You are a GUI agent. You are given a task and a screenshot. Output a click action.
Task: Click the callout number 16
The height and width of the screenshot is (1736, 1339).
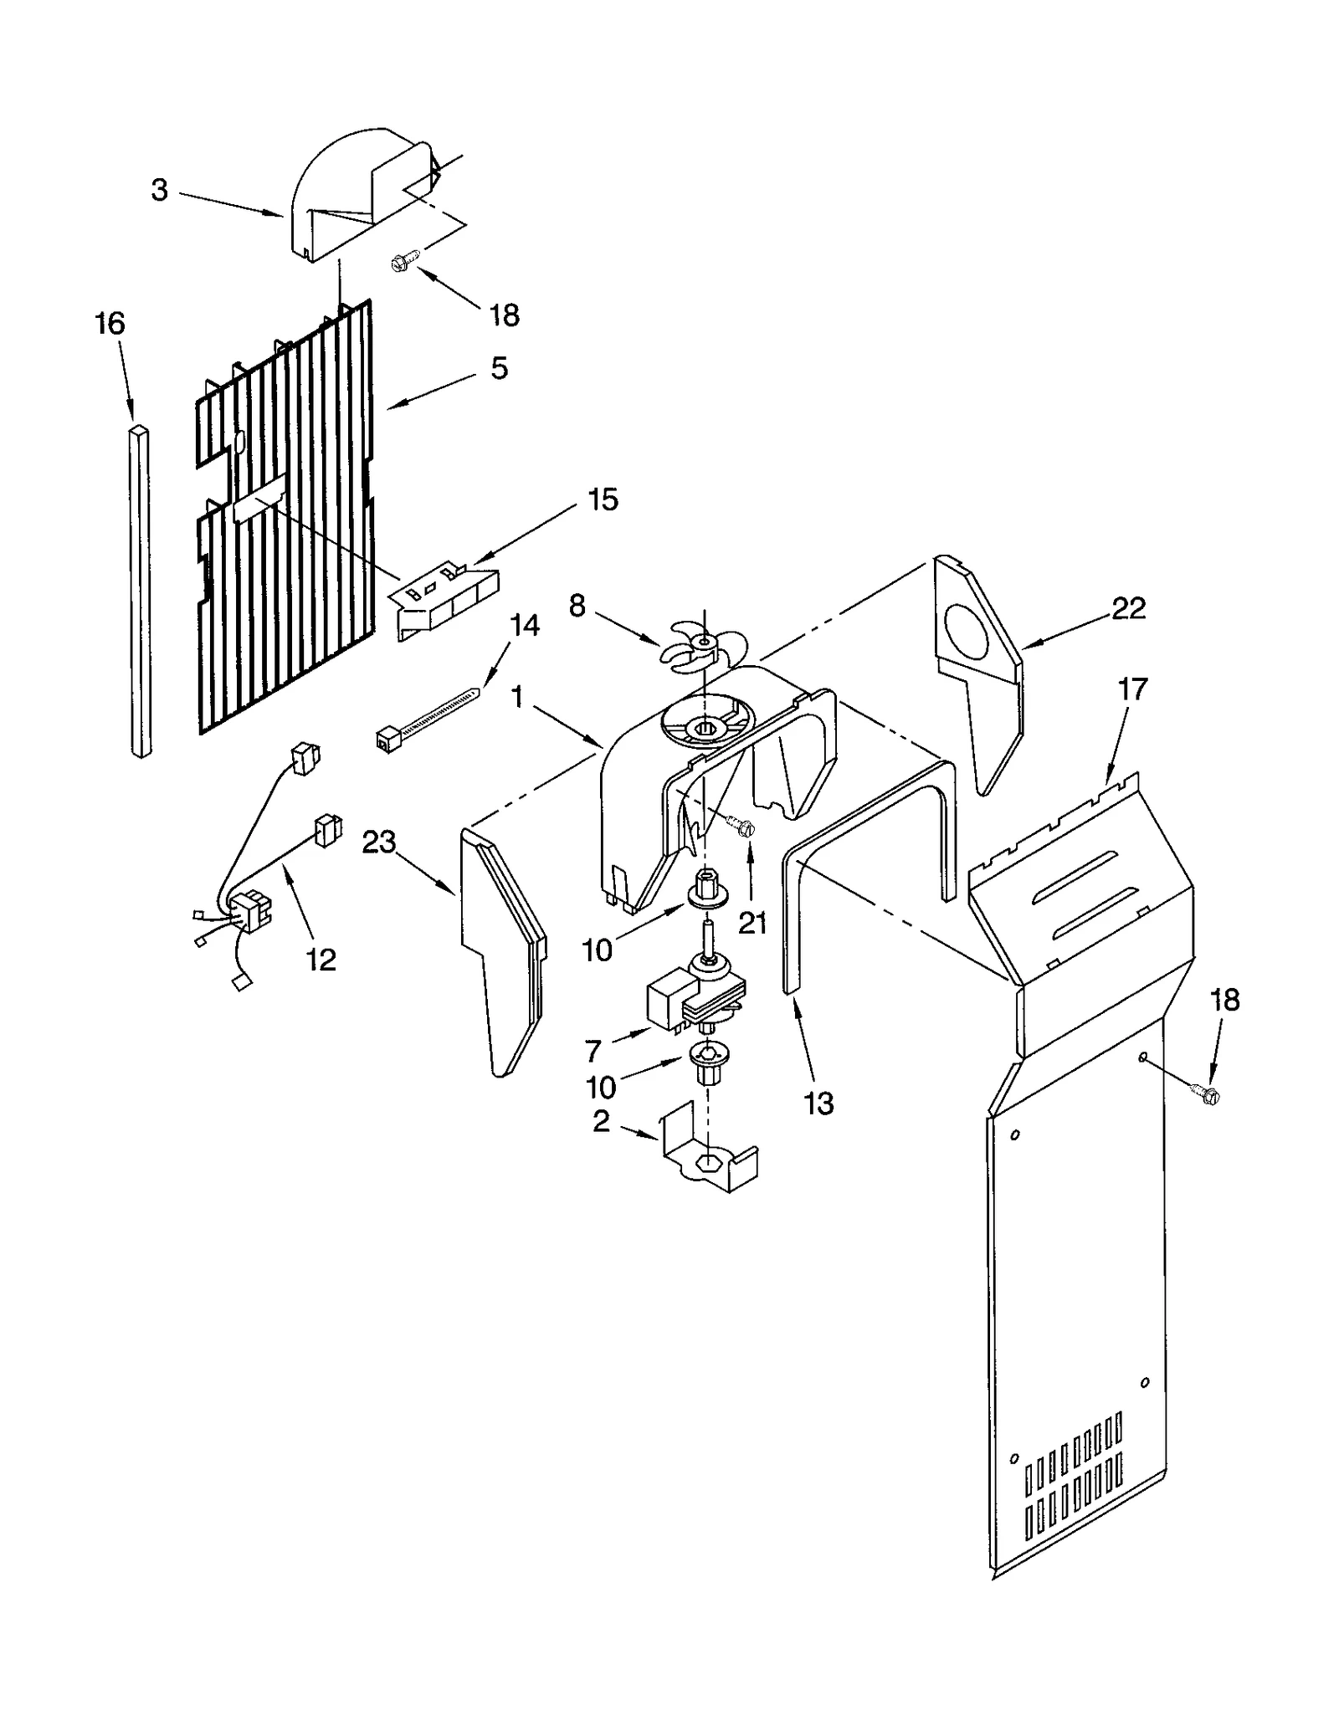coord(110,324)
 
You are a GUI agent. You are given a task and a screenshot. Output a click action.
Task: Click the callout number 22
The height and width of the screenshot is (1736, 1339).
coord(1127,608)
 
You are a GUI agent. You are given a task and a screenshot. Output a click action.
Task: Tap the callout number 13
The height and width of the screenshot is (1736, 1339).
coord(818,1104)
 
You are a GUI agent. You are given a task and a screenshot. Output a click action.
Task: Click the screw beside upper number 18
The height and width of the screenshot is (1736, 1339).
coord(400,264)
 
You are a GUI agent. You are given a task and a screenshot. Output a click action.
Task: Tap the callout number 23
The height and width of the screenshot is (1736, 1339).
coord(378,842)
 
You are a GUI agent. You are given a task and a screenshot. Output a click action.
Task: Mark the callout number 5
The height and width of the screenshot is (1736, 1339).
coord(499,368)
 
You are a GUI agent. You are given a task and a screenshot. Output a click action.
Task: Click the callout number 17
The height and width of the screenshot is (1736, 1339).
coord(1132,689)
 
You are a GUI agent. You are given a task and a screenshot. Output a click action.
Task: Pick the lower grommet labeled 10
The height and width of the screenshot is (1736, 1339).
coord(705,1063)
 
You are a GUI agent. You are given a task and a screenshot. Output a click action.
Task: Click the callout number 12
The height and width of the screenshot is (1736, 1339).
coord(321,960)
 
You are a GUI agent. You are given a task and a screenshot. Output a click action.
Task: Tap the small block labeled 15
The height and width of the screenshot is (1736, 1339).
coord(444,599)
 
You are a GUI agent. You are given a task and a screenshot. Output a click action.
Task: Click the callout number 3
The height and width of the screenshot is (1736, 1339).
coord(159,191)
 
